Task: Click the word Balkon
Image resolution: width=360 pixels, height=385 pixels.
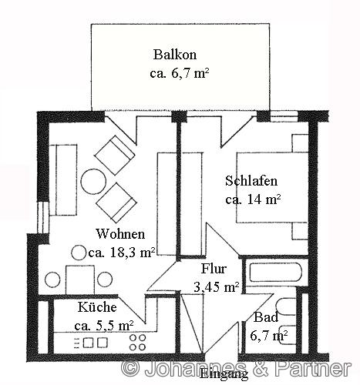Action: (175, 55)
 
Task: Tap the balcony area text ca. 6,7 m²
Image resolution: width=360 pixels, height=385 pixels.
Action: (180, 74)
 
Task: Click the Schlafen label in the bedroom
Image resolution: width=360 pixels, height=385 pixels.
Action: (251, 182)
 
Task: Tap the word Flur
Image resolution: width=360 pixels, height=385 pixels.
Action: (214, 270)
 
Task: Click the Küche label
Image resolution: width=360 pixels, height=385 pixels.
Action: (97, 306)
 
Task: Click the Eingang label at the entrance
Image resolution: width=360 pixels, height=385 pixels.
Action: (224, 376)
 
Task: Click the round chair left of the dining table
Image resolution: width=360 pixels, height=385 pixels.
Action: (53, 279)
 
